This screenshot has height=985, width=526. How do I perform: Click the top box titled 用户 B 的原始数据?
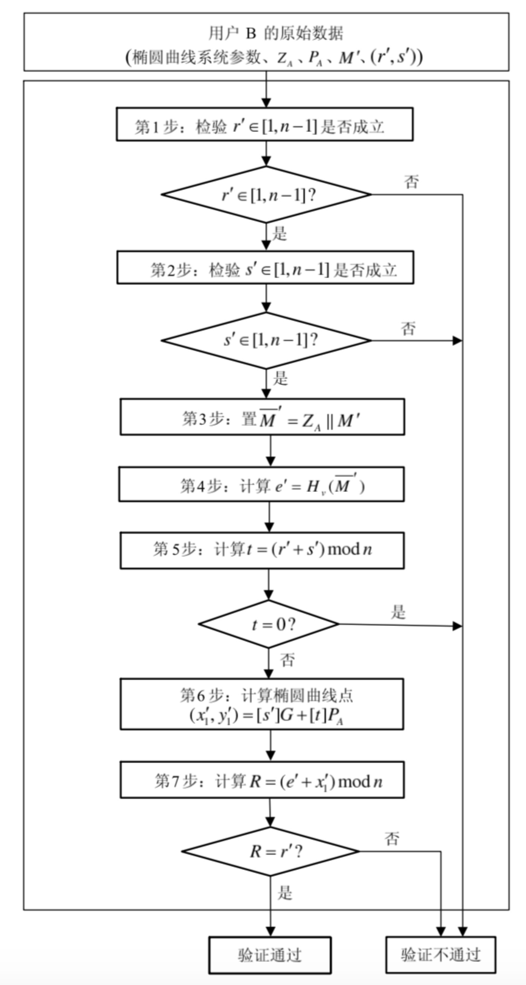coord(266,42)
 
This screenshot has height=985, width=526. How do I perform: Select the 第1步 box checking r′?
coord(265,125)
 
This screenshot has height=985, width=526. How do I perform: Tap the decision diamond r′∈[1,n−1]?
coord(266,195)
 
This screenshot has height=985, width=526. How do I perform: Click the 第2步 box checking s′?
coord(265,268)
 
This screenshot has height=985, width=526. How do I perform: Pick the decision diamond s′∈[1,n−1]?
coord(266,340)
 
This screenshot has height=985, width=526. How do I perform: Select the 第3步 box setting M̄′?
coord(262,417)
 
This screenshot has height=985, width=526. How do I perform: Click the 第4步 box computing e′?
coord(261,484)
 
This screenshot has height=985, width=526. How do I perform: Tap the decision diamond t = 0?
coord(269,624)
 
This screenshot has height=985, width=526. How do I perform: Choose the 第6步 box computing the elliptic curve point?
coord(262,704)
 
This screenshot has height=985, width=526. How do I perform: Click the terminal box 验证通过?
coord(270,955)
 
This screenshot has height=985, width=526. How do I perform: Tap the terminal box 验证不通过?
coord(440,955)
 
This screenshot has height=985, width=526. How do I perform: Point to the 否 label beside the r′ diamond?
coord(411,181)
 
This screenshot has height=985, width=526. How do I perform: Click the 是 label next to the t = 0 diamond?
coord(398,612)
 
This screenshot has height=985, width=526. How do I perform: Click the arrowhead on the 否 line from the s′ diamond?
coord(457,340)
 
